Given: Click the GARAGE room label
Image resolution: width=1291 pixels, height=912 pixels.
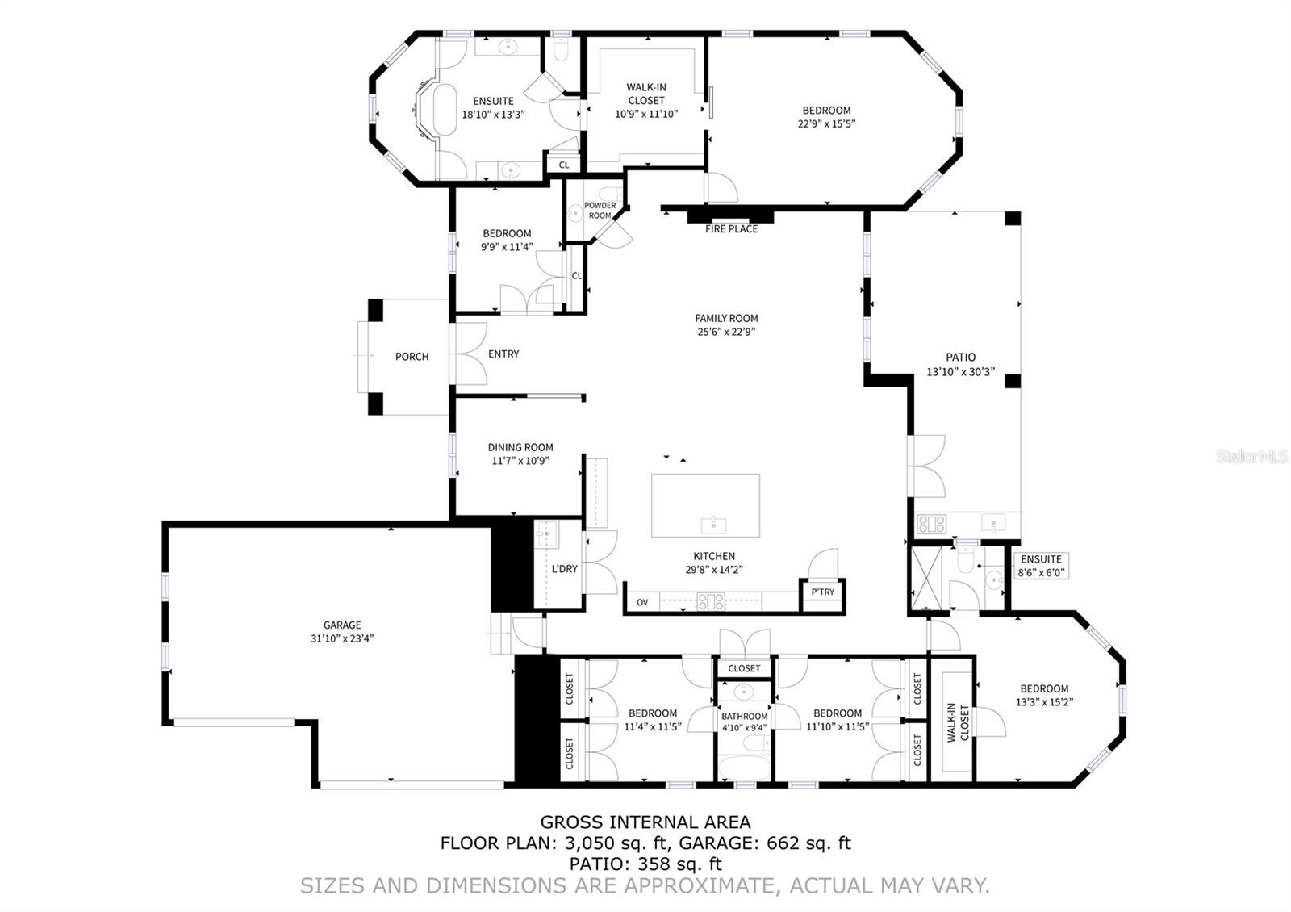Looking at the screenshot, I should tap(342, 625).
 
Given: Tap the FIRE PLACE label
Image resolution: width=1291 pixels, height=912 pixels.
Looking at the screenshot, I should tap(731, 229).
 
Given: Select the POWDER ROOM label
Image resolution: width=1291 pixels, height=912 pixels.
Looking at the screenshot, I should tap(600, 211).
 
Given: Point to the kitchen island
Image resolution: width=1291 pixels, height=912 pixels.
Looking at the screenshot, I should tap(705, 505).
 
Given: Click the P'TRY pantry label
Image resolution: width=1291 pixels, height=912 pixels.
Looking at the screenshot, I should tap(822, 592).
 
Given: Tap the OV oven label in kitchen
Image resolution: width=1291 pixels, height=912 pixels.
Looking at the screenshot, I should tap(642, 602).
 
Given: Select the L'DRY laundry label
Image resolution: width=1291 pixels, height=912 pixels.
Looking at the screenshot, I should tap(564, 568).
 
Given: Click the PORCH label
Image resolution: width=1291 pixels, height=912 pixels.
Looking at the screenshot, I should tap(412, 357).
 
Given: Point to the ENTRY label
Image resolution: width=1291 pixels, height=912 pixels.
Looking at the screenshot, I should tap(503, 354).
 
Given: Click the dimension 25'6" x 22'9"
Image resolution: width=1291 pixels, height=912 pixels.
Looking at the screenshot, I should tap(726, 332).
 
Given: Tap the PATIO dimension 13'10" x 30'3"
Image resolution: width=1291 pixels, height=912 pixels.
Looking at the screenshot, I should tap(960, 372).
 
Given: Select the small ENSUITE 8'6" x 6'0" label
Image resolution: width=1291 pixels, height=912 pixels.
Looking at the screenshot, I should tap(1041, 566).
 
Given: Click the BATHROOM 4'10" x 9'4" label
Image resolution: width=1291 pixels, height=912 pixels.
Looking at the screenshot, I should tap(744, 722).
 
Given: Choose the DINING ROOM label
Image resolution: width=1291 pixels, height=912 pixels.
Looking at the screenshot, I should tap(520, 447).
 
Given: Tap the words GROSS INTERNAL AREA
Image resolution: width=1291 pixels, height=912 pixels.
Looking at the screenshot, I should tap(645, 822).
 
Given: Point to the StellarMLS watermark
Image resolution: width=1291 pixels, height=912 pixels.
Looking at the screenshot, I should tap(1252, 457).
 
